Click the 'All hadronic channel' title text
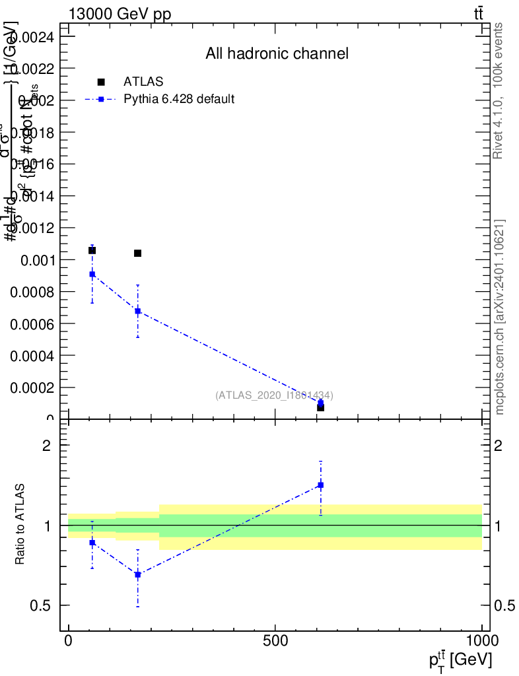click(277, 53)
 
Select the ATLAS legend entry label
click(143, 82)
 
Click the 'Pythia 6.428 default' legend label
click(180, 99)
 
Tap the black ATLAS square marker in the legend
click(101, 82)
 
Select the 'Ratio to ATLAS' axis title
click(20, 524)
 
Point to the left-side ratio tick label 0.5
click(42, 605)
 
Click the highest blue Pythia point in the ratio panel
click(320, 485)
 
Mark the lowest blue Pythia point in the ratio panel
click(137, 574)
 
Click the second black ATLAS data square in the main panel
click(137, 253)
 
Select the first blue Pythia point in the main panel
click(92, 274)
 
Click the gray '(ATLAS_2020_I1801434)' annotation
click(274, 395)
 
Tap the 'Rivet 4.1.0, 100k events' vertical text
click(499, 90)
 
